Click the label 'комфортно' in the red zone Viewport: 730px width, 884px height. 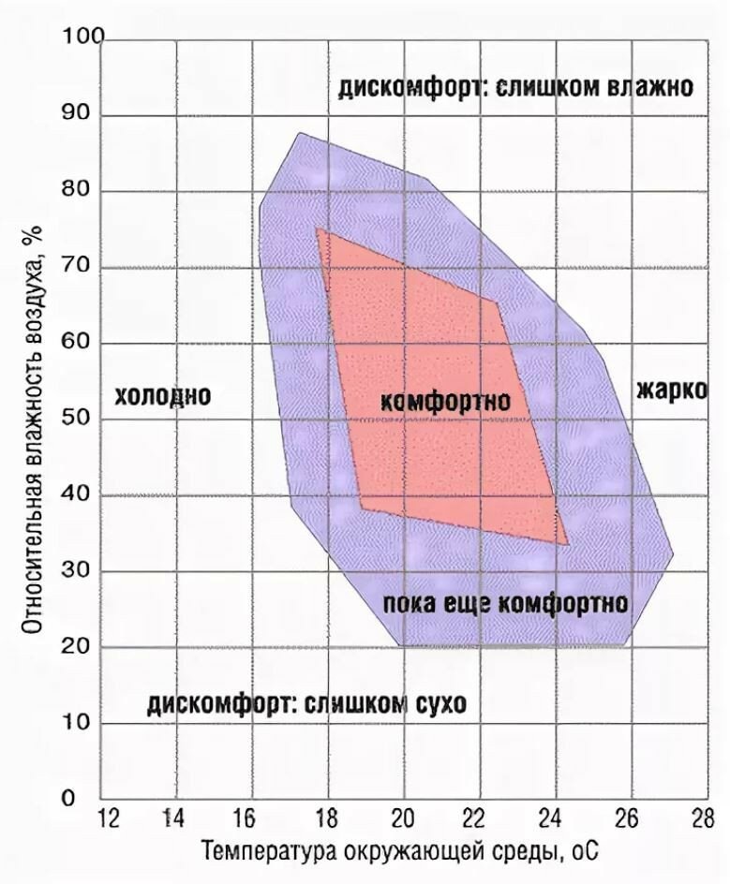point(446,401)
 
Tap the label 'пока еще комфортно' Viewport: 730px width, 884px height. point(505,602)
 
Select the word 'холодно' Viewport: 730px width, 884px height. point(162,396)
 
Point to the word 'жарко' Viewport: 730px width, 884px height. point(672,390)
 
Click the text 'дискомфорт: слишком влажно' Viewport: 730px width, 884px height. point(515,88)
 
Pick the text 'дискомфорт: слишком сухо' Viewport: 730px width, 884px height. point(305,704)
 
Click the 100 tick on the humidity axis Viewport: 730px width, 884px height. point(82,38)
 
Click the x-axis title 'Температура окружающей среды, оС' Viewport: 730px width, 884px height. point(398,853)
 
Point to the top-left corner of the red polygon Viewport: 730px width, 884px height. point(317,228)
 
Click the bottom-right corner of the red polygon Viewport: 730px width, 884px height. point(568,544)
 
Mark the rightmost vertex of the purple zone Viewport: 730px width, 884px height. point(674,554)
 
